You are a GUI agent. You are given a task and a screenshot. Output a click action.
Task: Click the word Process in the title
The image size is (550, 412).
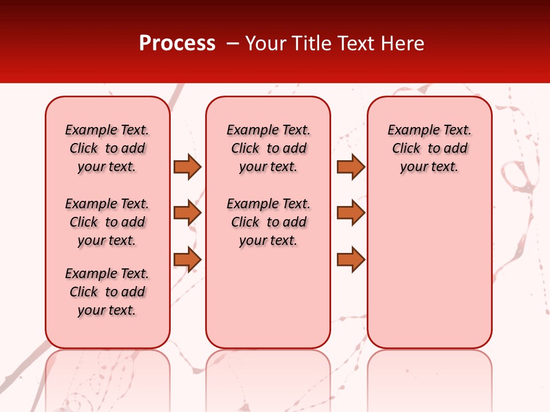(177, 43)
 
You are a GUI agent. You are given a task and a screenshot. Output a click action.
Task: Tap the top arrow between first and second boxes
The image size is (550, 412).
(187, 167)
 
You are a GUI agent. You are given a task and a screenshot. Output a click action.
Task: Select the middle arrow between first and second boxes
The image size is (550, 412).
(187, 213)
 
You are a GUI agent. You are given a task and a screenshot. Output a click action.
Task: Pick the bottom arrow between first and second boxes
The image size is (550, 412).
(187, 260)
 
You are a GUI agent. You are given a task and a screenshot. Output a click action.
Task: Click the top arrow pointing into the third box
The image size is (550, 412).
(351, 167)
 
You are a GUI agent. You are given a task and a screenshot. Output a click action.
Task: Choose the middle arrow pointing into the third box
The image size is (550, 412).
(351, 213)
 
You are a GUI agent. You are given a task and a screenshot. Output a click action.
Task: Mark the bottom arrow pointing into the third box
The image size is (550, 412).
(351, 260)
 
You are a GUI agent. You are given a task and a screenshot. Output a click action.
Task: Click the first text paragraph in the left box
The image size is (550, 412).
(107, 148)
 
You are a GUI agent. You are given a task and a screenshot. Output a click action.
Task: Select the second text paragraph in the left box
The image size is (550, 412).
(107, 222)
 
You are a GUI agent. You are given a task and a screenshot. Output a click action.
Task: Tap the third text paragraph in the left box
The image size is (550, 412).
(107, 292)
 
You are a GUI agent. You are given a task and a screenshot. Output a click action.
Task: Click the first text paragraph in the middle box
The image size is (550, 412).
(268, 148)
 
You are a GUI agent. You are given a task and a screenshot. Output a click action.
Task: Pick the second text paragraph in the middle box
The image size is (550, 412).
(268, 222)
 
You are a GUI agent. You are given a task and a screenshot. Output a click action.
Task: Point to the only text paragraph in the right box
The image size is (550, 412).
(429, 148)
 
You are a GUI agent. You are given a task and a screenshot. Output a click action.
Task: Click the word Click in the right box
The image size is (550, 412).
(406, 149)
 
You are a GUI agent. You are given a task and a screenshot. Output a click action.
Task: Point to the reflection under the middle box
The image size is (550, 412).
(268, 378)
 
